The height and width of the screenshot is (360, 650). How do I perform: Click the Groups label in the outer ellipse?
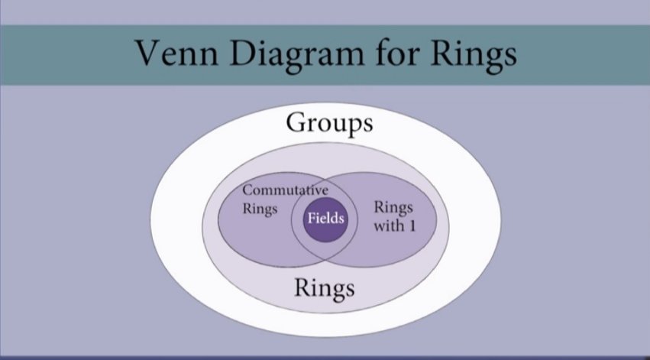(x=329, y=123)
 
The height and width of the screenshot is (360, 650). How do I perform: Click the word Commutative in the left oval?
(x=286, y=190)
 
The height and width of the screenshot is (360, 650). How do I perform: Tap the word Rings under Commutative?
(x=259, y=208)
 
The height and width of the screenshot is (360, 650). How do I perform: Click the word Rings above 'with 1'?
(x=395, y=208)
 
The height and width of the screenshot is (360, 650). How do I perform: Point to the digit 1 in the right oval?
(x=409, y=226)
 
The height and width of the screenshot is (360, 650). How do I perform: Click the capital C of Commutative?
(x=247, y=190)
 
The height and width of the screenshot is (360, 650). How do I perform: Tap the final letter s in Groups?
(x=368, y=125)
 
